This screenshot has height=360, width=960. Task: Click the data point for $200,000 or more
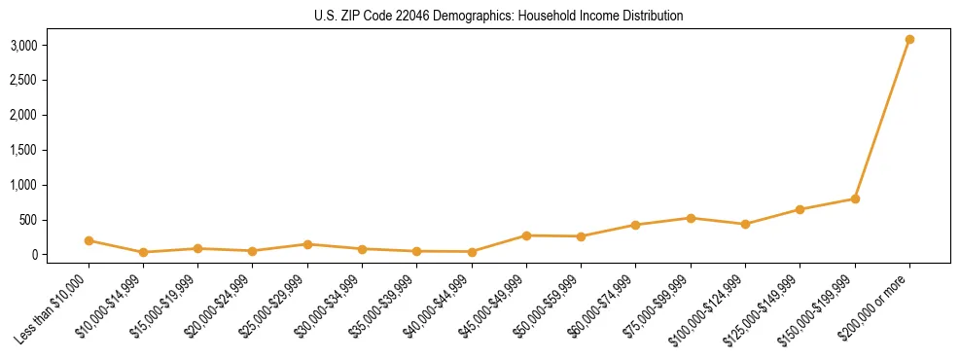(909, 39)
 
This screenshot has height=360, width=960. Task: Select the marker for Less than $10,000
(89, 240)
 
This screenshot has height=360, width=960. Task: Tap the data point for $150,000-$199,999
(855, 198)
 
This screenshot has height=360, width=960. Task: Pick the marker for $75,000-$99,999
(691, 218)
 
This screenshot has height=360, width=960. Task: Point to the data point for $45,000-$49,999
(526, 235)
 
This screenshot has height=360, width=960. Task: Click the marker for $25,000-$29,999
(307, 244)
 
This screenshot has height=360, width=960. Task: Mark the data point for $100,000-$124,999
(745, 224)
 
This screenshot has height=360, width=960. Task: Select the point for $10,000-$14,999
(143, 252)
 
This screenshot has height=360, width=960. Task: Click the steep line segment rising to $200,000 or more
(882, 119)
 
